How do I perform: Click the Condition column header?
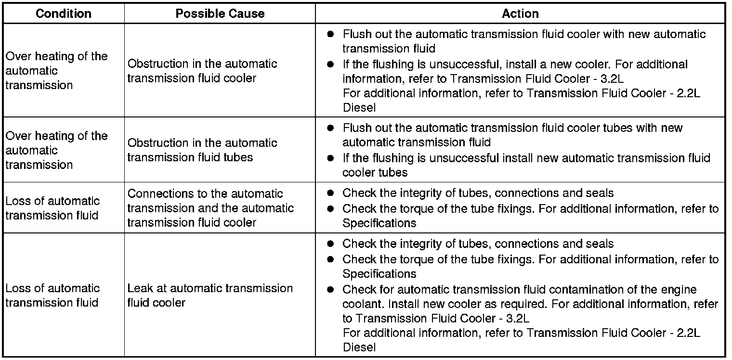[64, 13]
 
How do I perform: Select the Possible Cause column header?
[220, 13]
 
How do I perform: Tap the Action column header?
[520, 13]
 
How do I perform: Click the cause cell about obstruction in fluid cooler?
[202, 71]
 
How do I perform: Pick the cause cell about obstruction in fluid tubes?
[202, 150]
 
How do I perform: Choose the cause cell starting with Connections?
[210, 208]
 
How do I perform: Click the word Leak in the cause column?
[140, 288]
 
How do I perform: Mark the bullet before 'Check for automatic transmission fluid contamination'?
[330, 290]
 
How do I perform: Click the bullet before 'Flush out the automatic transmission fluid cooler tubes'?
[330, 128]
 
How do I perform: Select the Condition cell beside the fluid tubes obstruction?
[56, 150]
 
